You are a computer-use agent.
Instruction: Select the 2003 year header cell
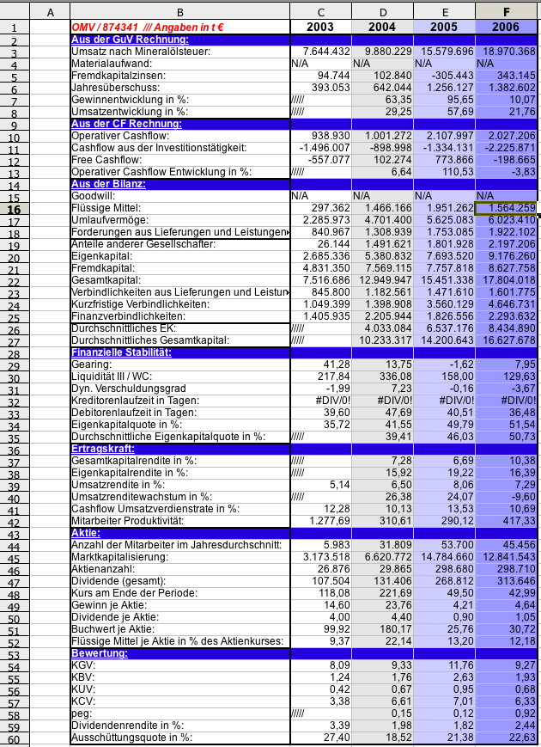[320, 28]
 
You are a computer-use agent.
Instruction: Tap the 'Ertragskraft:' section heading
[101, 449]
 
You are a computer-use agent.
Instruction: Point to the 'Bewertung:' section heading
[100, 653]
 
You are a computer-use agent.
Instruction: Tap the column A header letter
[50, 11]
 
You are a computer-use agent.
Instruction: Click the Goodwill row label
[92, 196]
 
